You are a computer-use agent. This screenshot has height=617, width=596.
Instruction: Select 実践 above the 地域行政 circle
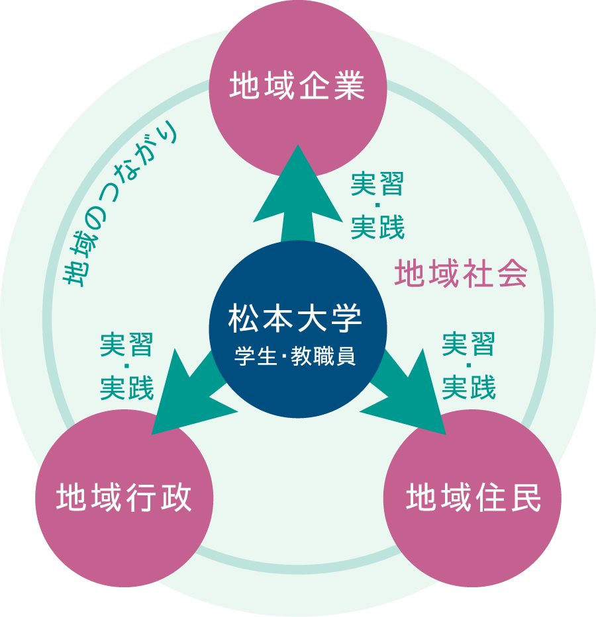click(126, 388)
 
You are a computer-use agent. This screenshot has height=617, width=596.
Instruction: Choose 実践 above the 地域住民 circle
click(469, 388)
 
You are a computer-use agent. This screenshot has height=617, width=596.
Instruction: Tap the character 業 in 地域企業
click(349, 86)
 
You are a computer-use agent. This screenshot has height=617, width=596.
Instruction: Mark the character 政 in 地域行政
click(175, 497)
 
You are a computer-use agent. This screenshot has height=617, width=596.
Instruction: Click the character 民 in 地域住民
click(525, 497)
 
